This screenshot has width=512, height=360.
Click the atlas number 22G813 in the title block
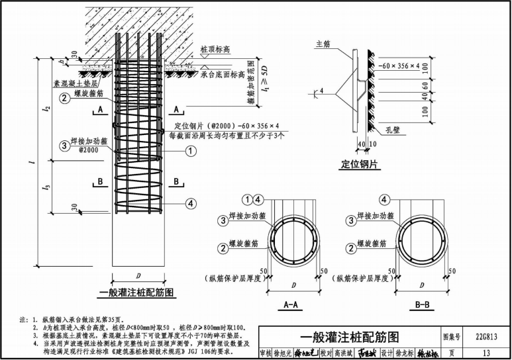tap(485, 336)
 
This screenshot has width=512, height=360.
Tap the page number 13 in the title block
tap(486, 351)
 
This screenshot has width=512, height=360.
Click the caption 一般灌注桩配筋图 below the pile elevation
tap(136, 291)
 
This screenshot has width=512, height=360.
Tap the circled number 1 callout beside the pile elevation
tap(191, 151)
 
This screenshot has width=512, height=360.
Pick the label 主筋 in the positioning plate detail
tap(323, 44)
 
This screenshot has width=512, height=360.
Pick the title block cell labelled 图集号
tap(451, 336)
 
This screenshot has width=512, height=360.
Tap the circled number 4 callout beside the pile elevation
tap(191, 203)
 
